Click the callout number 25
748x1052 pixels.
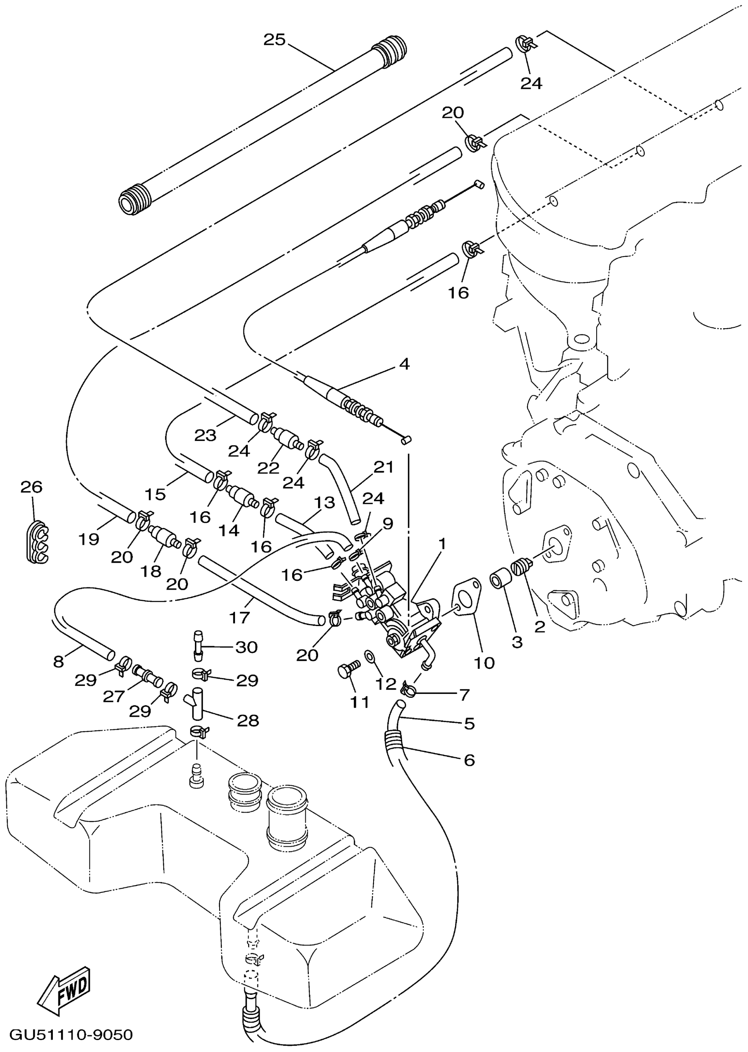point(275,40)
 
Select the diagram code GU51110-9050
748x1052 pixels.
point(71,1035)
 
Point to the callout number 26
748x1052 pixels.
point(32,487)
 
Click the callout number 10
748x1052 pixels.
point(484,663)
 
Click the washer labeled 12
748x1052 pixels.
point(370,656)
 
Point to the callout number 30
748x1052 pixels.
point(246,647)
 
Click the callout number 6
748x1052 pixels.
point(469,759)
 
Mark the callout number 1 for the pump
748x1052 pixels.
point(442,544)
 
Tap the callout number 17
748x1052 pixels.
point(239,617)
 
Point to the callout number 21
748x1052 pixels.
point(384,467)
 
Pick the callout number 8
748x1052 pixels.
point(59,662)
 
